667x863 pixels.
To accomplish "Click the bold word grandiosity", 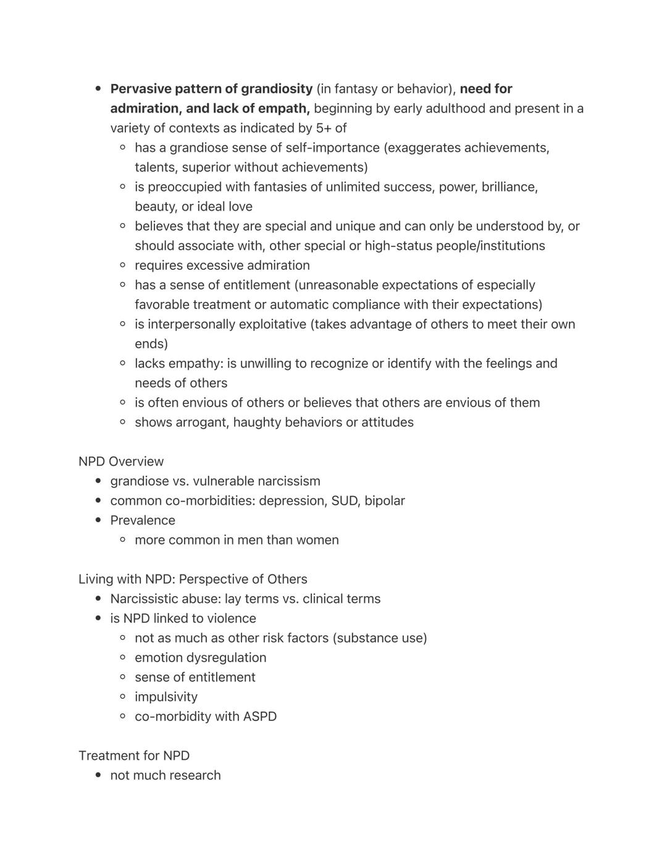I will (x=277, y=89).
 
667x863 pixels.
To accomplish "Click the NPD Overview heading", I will (x=121, y=461).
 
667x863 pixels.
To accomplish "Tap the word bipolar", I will (x=385, y=501).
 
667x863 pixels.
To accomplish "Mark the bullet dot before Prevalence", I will (x=99, y=520).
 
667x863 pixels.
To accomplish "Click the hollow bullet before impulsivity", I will (x=123, y=697).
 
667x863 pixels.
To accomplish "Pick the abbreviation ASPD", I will (x=260, y=717).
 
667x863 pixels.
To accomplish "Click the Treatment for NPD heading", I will (x=134, y=756).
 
